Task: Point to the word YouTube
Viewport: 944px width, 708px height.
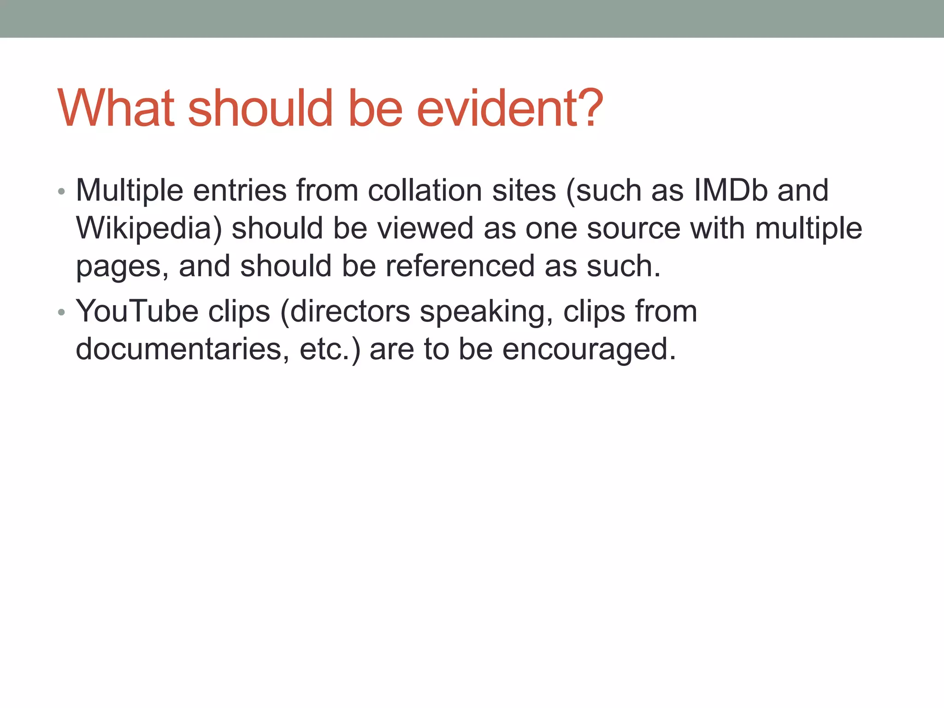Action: coord(137,311)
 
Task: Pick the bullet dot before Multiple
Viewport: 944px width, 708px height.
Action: coord(62,191)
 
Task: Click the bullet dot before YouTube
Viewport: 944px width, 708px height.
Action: coord(62,313)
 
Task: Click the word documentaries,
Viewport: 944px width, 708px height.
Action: coord(183,349)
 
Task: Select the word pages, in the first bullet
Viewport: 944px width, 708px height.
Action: coord(122,266)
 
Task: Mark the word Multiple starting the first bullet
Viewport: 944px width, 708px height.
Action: coord(130,190)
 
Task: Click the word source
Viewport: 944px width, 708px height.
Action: coord(633,229)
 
